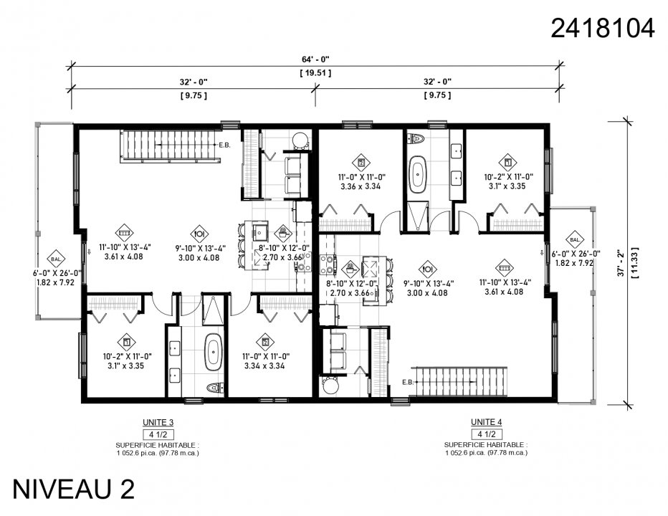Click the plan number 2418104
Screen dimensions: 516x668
coord(602,28)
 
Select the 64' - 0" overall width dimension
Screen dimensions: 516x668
coord(315,59)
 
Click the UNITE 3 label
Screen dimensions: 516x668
coord(158,422)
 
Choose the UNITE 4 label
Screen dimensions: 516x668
coord(487,421)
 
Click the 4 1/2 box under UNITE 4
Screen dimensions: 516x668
coord(487,434)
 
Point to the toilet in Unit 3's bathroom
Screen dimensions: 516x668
coord(214,388)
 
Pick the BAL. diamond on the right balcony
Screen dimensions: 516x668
coord(575,239)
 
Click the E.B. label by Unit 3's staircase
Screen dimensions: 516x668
coord(224,145)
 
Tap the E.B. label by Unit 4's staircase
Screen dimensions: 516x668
coord(408,381)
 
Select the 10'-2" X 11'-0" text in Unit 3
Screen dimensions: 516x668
coord(126,355)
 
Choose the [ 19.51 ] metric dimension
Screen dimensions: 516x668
coord(315,72)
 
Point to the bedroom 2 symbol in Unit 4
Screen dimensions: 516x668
coord(361,161)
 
